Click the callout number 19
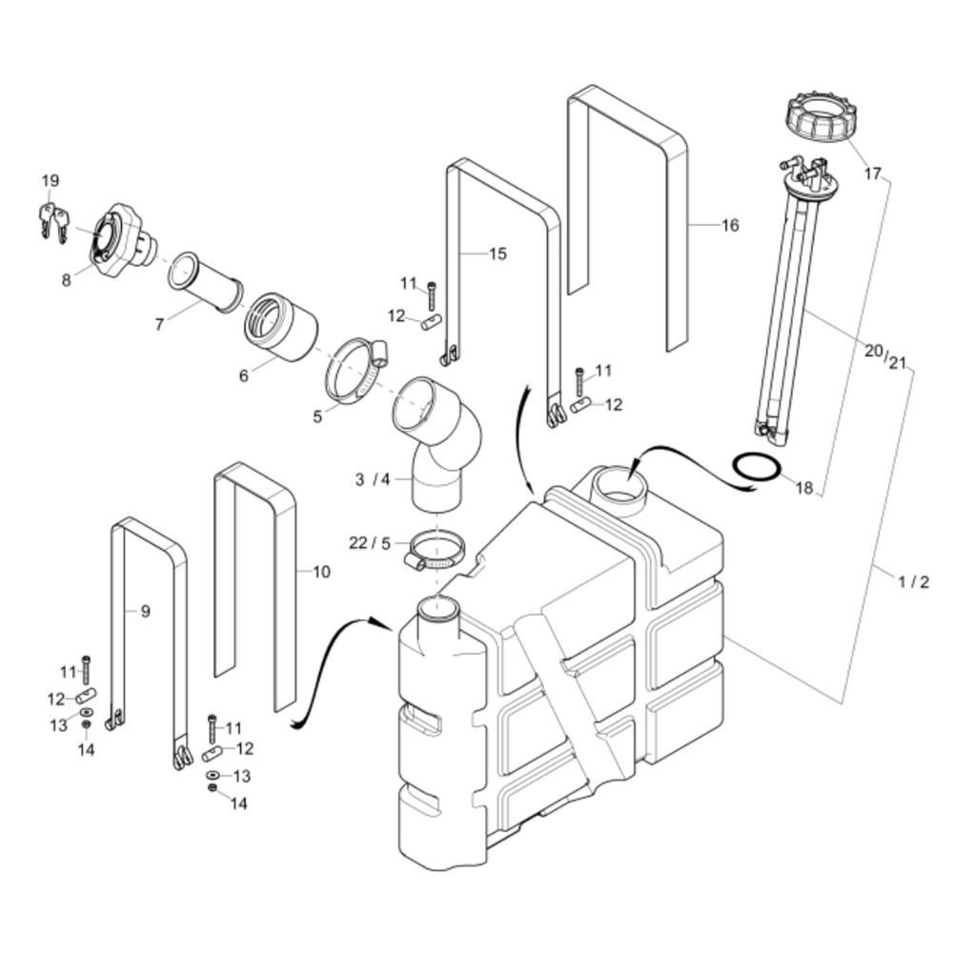tap(51, 180)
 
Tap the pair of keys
tap(53, 221)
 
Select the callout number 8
tap(67, 280)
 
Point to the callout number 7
tap(159, 325)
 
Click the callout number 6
tap(244, 376)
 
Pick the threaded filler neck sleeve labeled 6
tap(281, 327)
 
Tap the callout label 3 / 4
tap(373, 479)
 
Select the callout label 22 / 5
tap(370, 543)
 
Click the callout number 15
tap(497, 254)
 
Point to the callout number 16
tap(730, 226)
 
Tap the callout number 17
tap(873, 173)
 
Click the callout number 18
tap(804, 488)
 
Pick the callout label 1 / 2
tap(914, 582)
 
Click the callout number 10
tap(321, 572)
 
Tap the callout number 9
tap(145, 612)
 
